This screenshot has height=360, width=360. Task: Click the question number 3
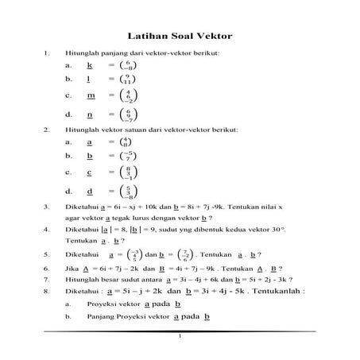[47, 207]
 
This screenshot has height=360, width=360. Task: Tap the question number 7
[47, 281]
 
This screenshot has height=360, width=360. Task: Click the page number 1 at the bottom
[180, 336]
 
